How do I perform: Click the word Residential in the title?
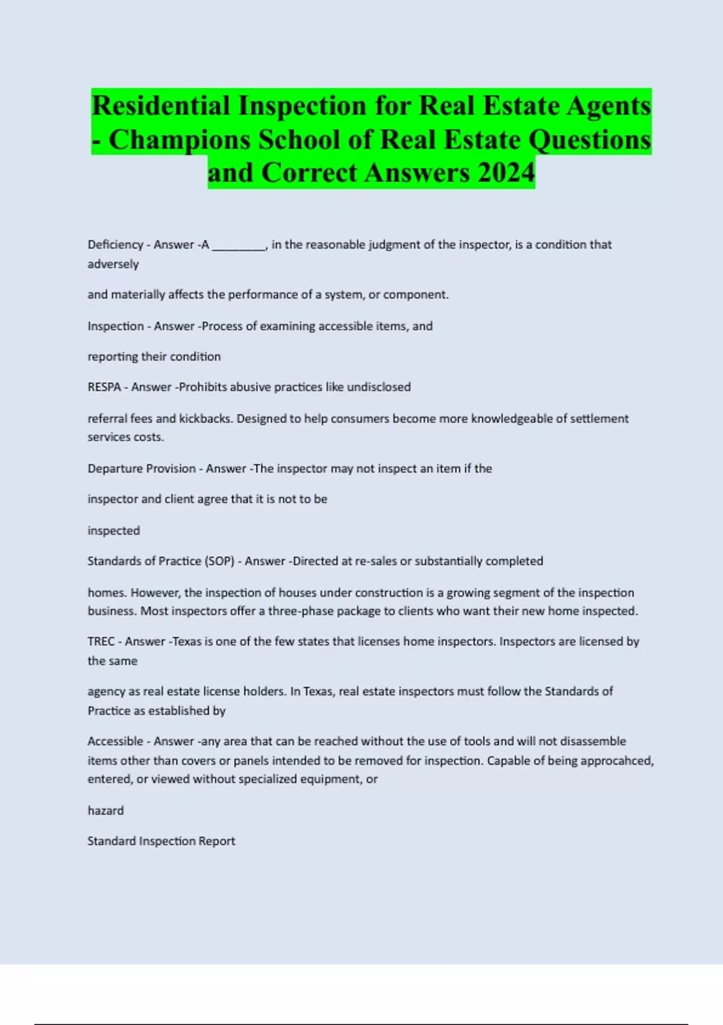(161, 106)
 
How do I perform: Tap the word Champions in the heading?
(180, 139)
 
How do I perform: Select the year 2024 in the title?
(505, 172)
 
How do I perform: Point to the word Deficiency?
(115, 245)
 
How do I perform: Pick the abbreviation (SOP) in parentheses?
(219, 561)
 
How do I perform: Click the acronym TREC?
(101, 642)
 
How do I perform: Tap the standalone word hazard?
(105, 810)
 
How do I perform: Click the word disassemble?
(593, 741)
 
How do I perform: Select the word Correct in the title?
(309, 172)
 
